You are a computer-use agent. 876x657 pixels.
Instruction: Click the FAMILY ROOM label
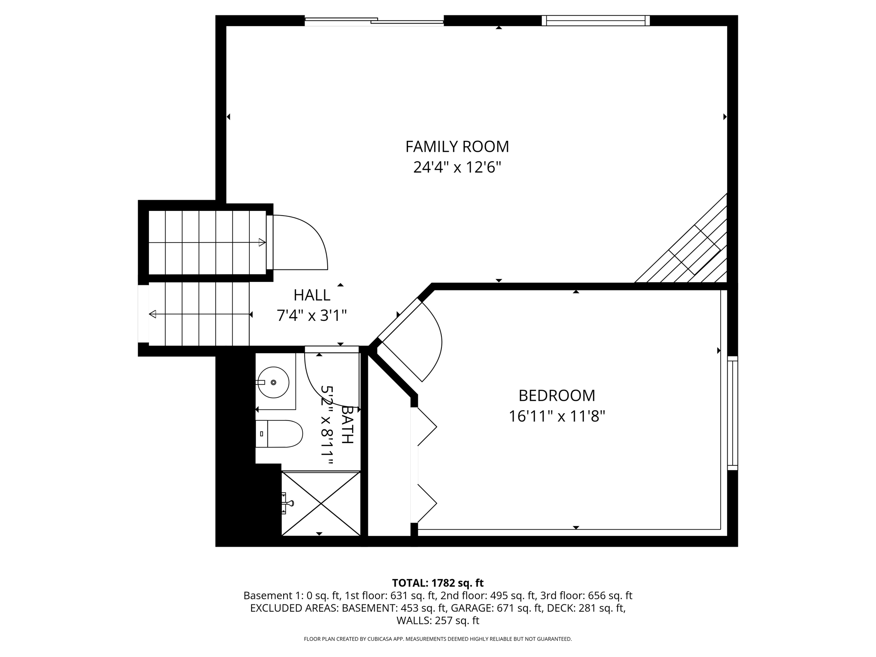coord(457,147)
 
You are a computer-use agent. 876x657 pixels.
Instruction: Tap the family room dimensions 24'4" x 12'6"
coord(457,167)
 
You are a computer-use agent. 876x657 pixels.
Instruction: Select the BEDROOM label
coord(556,396)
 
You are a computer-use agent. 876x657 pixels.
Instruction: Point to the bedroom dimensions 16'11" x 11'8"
coord(556,416)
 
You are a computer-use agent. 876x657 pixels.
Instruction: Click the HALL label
coord(312,295)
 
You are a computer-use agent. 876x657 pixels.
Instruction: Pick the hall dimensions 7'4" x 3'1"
coord(312,316)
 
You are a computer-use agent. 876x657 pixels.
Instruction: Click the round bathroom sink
coord(273,382)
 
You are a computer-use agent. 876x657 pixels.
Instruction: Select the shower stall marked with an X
coord(321,503)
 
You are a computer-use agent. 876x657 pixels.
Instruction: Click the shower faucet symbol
coord(287,503)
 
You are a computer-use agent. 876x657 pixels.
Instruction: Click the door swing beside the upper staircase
coord(302,243)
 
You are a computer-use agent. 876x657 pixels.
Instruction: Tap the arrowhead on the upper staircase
coord(262,243)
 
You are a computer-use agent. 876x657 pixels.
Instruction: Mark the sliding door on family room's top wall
coord(374,21)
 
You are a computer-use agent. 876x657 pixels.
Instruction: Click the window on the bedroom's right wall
coord(732,413)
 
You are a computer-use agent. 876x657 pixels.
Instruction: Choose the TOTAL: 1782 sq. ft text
coord(438,583)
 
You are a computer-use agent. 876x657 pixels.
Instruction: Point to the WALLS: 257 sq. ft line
coord(438,620)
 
